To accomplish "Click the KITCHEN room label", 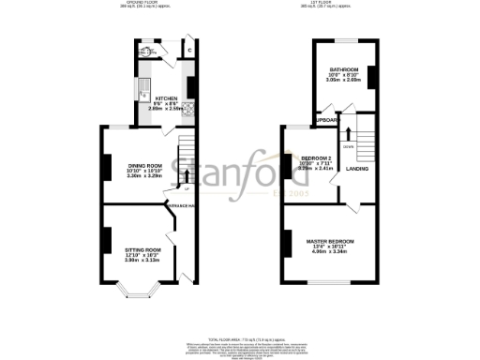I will click(166, 97).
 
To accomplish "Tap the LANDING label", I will click(356, 169).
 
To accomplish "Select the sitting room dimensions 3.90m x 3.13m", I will click(144, 260).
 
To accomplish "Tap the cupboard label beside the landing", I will click(327, 121).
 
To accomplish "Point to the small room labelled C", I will click(190, 49).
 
